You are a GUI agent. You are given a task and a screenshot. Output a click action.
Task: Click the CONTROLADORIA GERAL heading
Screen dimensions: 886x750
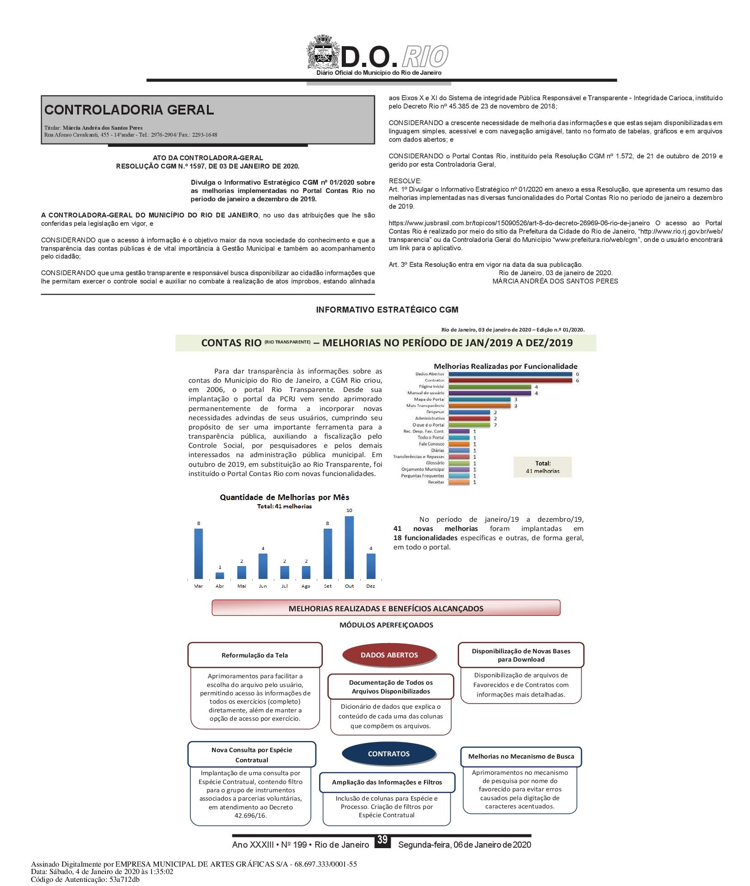(x=129, y=110)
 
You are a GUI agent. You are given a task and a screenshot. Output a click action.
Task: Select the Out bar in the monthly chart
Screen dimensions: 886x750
(x=349, y=547)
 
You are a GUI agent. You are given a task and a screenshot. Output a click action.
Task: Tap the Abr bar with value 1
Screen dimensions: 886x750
(x=220, y=576)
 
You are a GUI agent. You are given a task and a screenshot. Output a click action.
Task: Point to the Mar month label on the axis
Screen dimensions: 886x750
(x=199, y=586)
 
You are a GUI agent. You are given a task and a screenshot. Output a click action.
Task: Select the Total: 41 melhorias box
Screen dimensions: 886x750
(x=543, y=467)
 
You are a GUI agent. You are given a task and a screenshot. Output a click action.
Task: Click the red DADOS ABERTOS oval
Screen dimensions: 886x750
(x=389, y=655)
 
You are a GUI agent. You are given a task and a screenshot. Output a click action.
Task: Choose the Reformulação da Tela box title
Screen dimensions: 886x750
(x=254, y=655)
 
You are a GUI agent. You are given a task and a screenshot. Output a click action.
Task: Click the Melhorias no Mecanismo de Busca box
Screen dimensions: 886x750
(x=521, y=756)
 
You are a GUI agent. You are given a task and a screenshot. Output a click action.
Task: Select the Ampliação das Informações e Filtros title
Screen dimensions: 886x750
(x=387, y=782)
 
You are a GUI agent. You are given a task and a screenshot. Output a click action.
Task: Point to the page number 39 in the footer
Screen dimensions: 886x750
(x=382, y=840)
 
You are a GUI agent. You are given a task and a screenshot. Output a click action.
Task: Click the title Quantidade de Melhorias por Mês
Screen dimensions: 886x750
(x=284, y=497)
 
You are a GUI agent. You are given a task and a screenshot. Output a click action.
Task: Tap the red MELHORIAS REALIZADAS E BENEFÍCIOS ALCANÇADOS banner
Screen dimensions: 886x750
(x=386, y=608)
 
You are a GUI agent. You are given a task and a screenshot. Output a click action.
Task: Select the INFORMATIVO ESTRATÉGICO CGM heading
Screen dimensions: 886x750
(x=387, y=310)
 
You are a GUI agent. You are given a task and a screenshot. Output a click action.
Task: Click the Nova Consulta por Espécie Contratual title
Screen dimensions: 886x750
(x=252, y=754)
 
